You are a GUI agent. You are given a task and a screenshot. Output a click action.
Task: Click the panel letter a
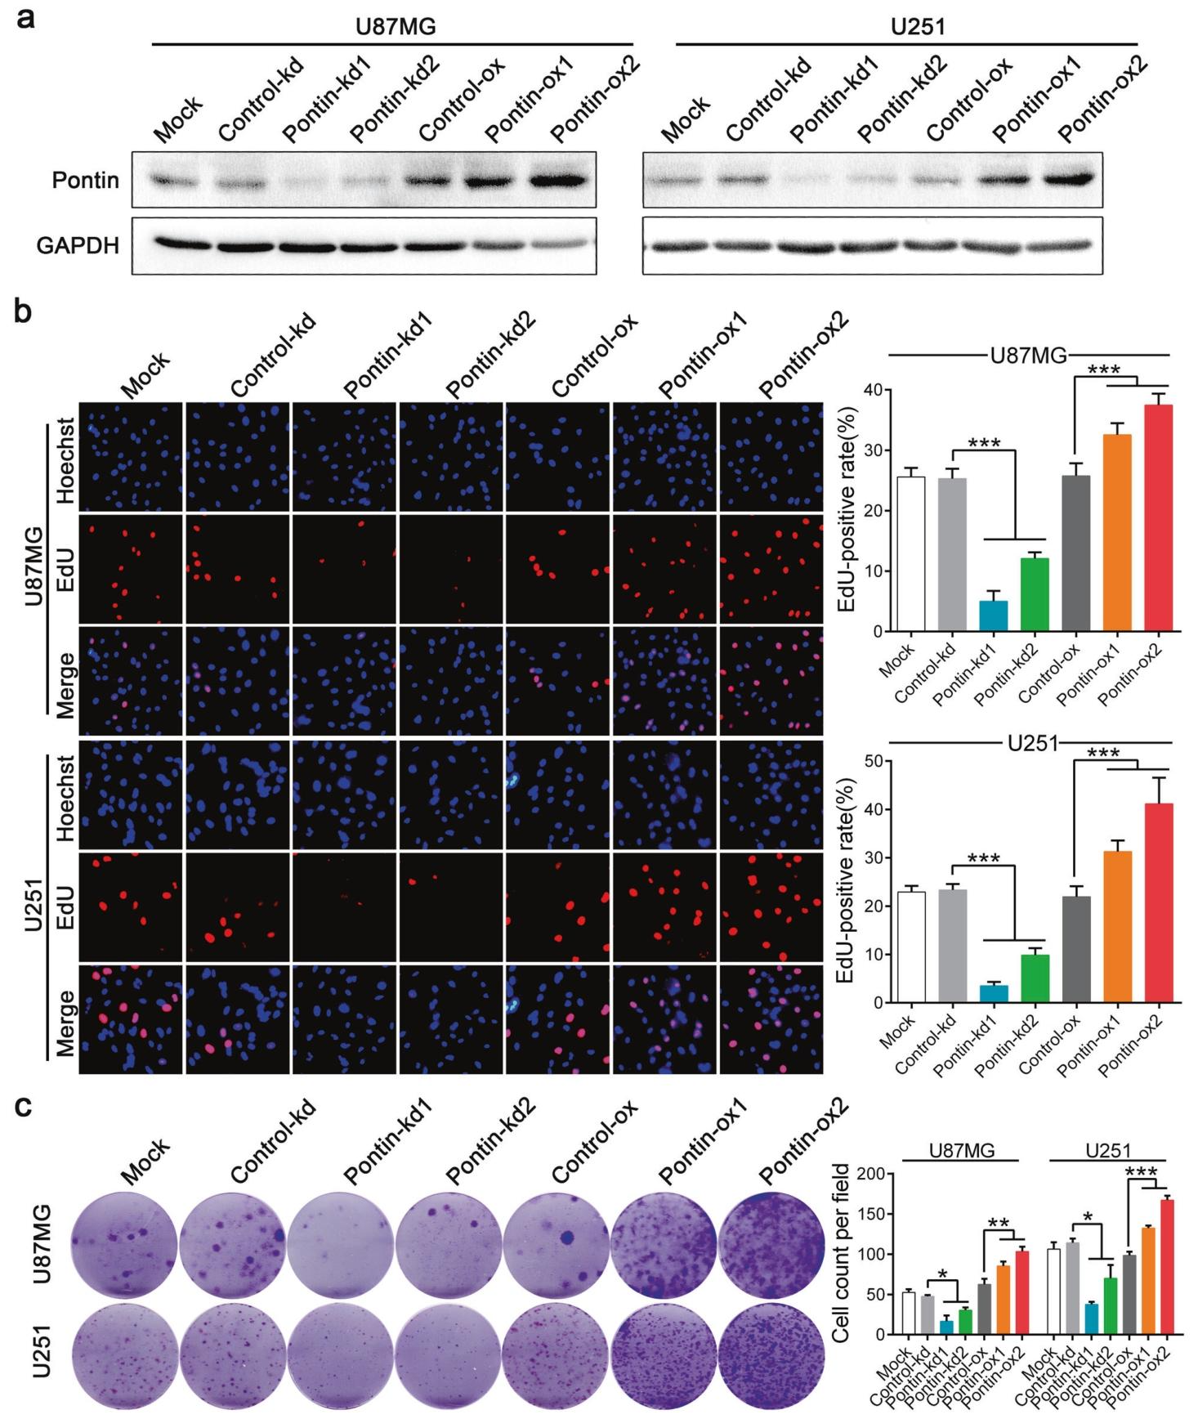(x=27, y=17)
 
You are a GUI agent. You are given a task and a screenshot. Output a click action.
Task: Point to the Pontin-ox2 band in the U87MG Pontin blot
(x=560, y=180)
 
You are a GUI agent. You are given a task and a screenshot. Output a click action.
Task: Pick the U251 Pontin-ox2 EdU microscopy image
(x=771, y=907)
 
